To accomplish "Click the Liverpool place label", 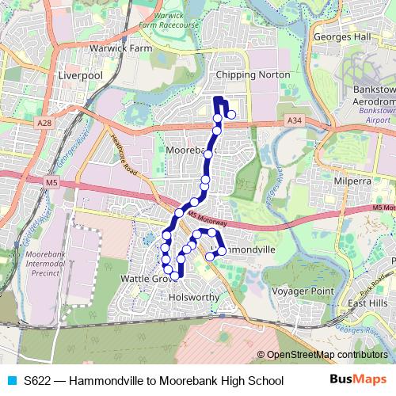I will pos(81,75).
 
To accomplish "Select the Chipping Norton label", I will pos(253,75).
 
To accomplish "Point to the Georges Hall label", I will pos(341,37).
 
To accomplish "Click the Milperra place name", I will pos(353,181).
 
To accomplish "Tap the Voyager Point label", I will pos(303,291).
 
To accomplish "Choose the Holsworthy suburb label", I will pos(194,298).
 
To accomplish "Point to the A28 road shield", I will pos(44,124).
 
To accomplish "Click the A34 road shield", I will pos(295,120).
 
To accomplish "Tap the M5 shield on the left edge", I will pos(51,183).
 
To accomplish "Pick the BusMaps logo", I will pos(358,380).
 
